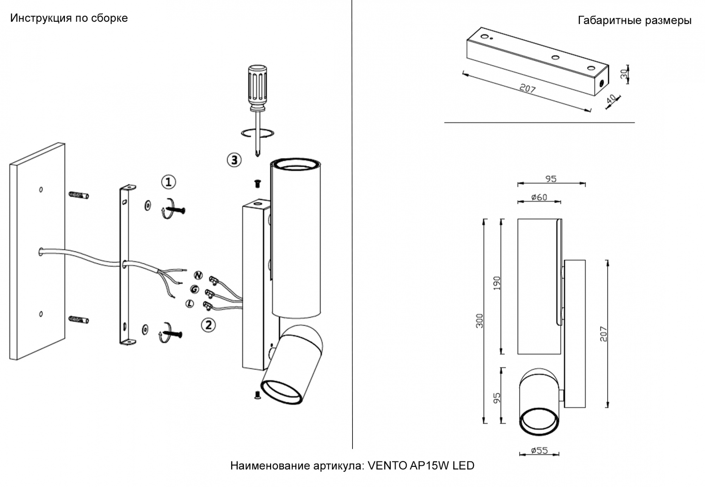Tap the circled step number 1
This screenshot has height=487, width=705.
pos(168,182)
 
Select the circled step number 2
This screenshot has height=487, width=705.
pos(208,325)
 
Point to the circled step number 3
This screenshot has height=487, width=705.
pos(234,160)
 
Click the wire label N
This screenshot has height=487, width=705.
pos(198,275)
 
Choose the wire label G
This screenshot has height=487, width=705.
pos(194,289)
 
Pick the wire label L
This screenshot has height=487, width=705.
pos(190,303)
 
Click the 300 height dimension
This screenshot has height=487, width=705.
pos(479,321)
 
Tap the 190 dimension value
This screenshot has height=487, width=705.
pos(497,283)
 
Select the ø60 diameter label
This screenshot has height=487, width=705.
pos(539,197)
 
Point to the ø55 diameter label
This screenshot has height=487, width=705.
pos(539,451)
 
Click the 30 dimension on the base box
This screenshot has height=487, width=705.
pos(624,74)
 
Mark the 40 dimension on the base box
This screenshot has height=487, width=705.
pos(611,99)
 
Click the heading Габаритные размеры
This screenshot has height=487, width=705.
pos(634,20)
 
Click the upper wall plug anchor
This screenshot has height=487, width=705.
pos(79,195)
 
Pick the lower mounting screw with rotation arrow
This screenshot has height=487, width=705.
pos(172,333)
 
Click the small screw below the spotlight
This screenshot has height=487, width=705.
pos(257,395)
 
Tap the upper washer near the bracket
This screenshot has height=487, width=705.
pos(148,205)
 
